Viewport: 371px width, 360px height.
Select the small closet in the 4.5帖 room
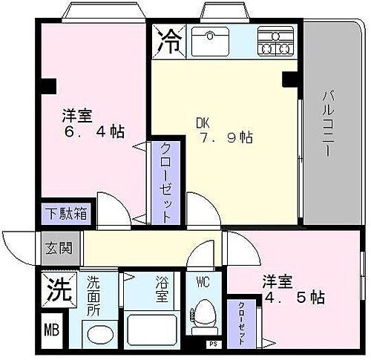242,321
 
